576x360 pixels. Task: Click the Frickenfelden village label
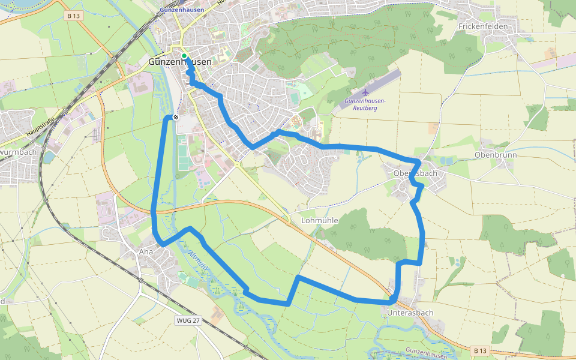(483, 26)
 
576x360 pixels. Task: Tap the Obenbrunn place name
(495, 155)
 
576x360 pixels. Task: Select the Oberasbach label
(415, 173)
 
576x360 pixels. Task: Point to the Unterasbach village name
(410, 313)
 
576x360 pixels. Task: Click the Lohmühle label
(319, 220)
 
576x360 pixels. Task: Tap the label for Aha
(146, 252)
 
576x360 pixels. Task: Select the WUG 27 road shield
(188, 320)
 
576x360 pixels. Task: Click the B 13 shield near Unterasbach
(479, 350)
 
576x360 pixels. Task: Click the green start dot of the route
(184, 56)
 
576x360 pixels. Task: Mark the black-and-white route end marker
(175, 117)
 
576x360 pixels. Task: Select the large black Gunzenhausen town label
(179, 62)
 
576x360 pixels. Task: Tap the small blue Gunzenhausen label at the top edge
(183, 10)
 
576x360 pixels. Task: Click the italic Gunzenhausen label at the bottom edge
(427, 351)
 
